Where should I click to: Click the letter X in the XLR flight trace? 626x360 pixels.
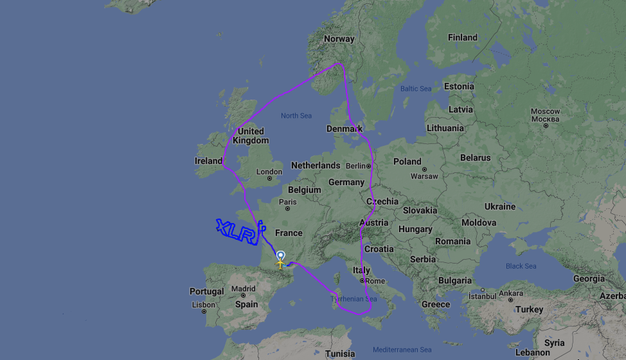tap(223, 227)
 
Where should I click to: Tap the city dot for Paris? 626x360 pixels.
tap(287, 208)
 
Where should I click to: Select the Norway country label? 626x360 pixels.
tap(339, 39)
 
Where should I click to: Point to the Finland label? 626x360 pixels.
tap(463, 37)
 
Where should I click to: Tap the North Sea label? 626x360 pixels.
tap(296, 116)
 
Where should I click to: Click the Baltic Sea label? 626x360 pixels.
tap(416, 89)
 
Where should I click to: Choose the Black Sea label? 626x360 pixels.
tap(521, 266)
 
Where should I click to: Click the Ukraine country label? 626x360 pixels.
tap(500, 206)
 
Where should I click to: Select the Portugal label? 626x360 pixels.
tap(207, 291)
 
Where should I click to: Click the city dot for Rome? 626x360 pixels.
tap(362, 280)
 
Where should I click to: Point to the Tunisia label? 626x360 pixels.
tap(340, 354)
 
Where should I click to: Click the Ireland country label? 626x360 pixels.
tap(208, 161)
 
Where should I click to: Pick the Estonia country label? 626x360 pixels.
tap(459, 86)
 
